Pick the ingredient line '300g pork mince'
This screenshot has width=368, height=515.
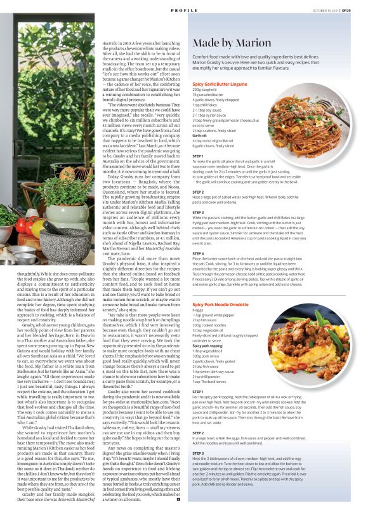[x=206, y=356]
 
